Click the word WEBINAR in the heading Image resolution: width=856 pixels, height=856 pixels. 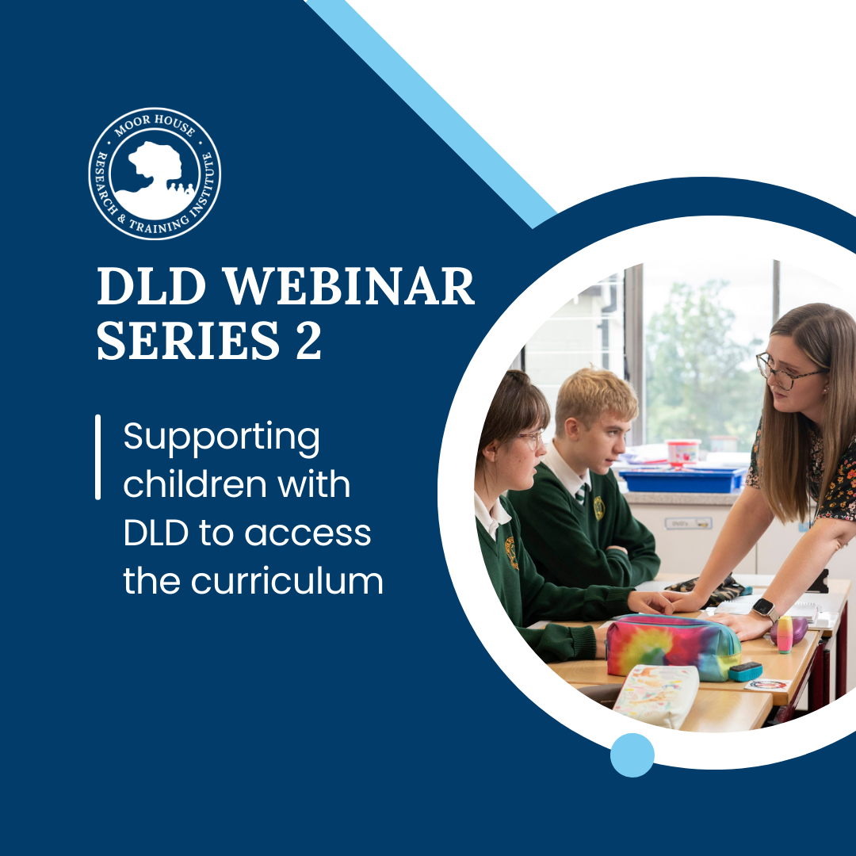[x=350, y=287]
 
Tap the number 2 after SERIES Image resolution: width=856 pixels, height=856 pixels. [x=308, y=339]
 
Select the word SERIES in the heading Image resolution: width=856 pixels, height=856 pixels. [x=189, y=340]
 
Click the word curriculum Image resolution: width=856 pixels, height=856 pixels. [x=287, y=580]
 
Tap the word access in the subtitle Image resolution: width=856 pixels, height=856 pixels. [x=308, y=534]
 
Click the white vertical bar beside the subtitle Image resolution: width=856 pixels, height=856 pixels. [x=97, y=457]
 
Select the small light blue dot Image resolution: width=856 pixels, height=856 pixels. [x=632, y=755]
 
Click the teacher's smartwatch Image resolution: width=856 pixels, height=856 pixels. [x=765, y=609]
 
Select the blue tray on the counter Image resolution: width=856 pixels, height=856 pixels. [x=682, y=479]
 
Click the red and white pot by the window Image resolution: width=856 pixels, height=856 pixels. [x=683, y=453]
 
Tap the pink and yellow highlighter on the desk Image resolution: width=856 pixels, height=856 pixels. [x=785, y=634]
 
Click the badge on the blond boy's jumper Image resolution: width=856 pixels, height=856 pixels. [x=599, y=508]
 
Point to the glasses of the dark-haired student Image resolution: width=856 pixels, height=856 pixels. [x=530, y=439]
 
